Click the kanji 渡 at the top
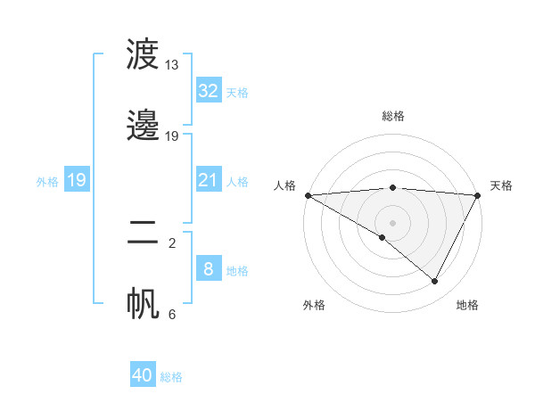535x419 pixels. pos(143,56)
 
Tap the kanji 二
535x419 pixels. pos(143,234)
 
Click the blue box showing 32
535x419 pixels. pos(208,91)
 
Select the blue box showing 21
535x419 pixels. pos(208,180)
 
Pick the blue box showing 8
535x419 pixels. pos(208,269)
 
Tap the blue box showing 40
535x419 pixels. pos(143,375)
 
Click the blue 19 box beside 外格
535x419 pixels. pos(76,180)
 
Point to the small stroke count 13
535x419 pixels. pos(172,65)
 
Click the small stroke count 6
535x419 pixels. pos(172,314)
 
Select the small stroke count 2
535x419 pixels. pos(172,242)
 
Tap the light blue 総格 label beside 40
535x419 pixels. pos(171,377)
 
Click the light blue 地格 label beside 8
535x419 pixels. pos(237,271)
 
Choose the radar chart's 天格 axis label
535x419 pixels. pos(501,185)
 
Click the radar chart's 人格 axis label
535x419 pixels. pos(284,185)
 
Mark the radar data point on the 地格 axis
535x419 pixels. pos(435,282)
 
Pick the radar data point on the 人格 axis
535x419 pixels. pos(308,195)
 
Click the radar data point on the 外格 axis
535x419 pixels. pos(383,237)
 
